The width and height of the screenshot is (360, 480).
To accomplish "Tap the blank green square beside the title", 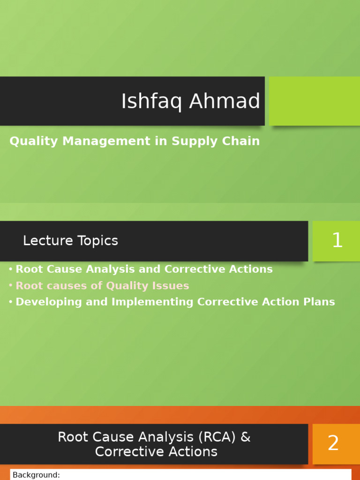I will [x=314, y=101].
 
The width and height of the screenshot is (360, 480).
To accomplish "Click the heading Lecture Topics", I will [x=70, y=241].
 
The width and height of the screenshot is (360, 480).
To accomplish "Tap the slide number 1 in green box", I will [x=337, y=241].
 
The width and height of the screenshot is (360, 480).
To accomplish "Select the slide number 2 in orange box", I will [x=333, y=443].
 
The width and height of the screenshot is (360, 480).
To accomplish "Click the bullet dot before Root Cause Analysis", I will [x=10, y=270].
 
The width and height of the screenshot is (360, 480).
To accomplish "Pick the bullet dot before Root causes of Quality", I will [x=10, y=286].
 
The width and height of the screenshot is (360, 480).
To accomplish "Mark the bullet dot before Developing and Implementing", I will [x=10, y=302].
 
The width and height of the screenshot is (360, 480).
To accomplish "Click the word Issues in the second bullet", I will [x=173, y=286].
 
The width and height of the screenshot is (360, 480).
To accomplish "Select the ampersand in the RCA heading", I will [x=246, y=437].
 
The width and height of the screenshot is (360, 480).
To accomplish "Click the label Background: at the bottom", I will [x=36, y=475].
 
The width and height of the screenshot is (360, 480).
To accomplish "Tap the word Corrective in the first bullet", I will [x=206, y=270].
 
